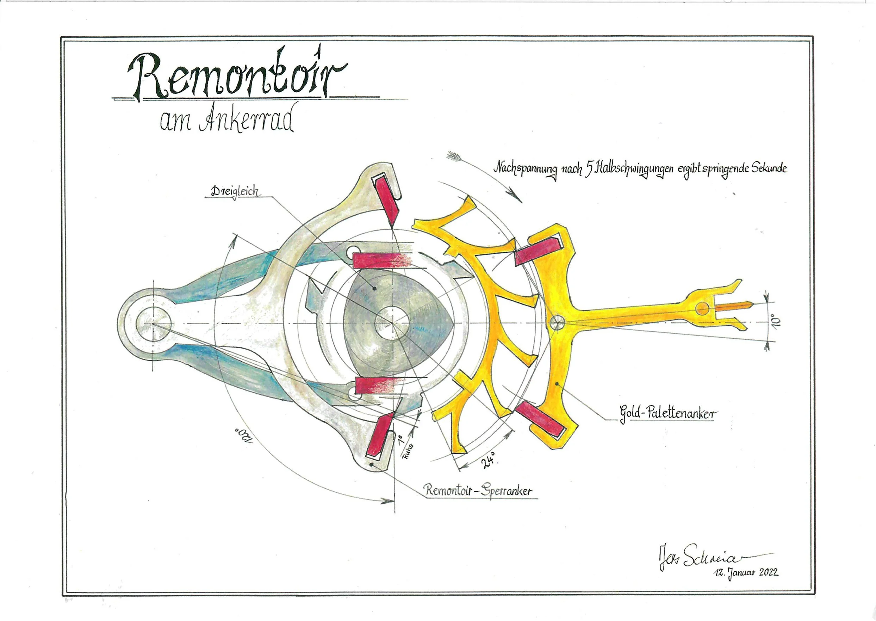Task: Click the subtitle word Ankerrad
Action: [247, 121]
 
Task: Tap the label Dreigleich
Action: [235, 191]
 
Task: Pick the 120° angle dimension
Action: [243, 436]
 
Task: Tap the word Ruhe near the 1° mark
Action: [408, 451]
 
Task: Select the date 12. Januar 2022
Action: [745, 572]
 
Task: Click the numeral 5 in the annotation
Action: [589, 168]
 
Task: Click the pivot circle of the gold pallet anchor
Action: [557, 322]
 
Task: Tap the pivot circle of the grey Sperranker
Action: [153, 324]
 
